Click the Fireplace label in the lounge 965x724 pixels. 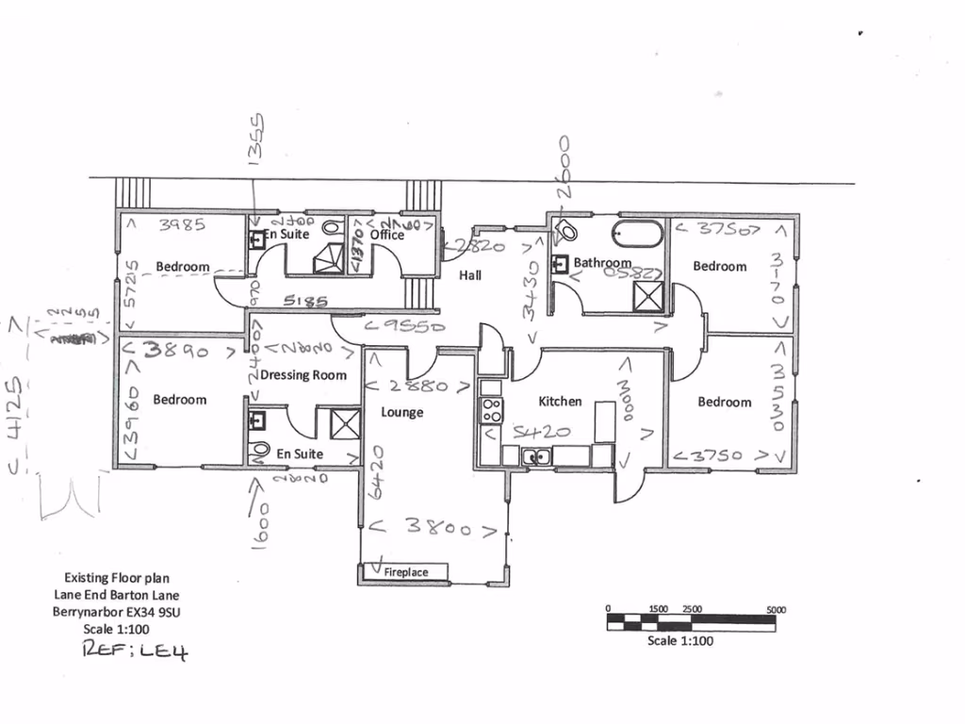pos(405,572)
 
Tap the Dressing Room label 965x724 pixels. pos(303,375)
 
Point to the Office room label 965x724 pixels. pos(386,235)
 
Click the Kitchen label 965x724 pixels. pos(560,402)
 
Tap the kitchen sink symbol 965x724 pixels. pos(538,457)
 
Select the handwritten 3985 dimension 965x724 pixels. pos(182,225)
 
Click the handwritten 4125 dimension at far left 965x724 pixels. pos(16,413)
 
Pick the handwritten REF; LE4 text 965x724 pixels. pos(136,650)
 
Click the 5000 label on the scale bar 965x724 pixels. pos(777,610)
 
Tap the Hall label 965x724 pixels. pos(470,275)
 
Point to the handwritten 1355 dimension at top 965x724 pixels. pos(254,140)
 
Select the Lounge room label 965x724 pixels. pos(402,413)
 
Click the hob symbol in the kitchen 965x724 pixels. pos(491,409)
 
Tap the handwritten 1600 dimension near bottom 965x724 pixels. pos(261,523)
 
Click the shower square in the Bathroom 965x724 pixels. pos(647,297)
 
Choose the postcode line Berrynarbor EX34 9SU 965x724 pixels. pos(117,612)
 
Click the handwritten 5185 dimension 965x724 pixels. pos(304,303)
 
